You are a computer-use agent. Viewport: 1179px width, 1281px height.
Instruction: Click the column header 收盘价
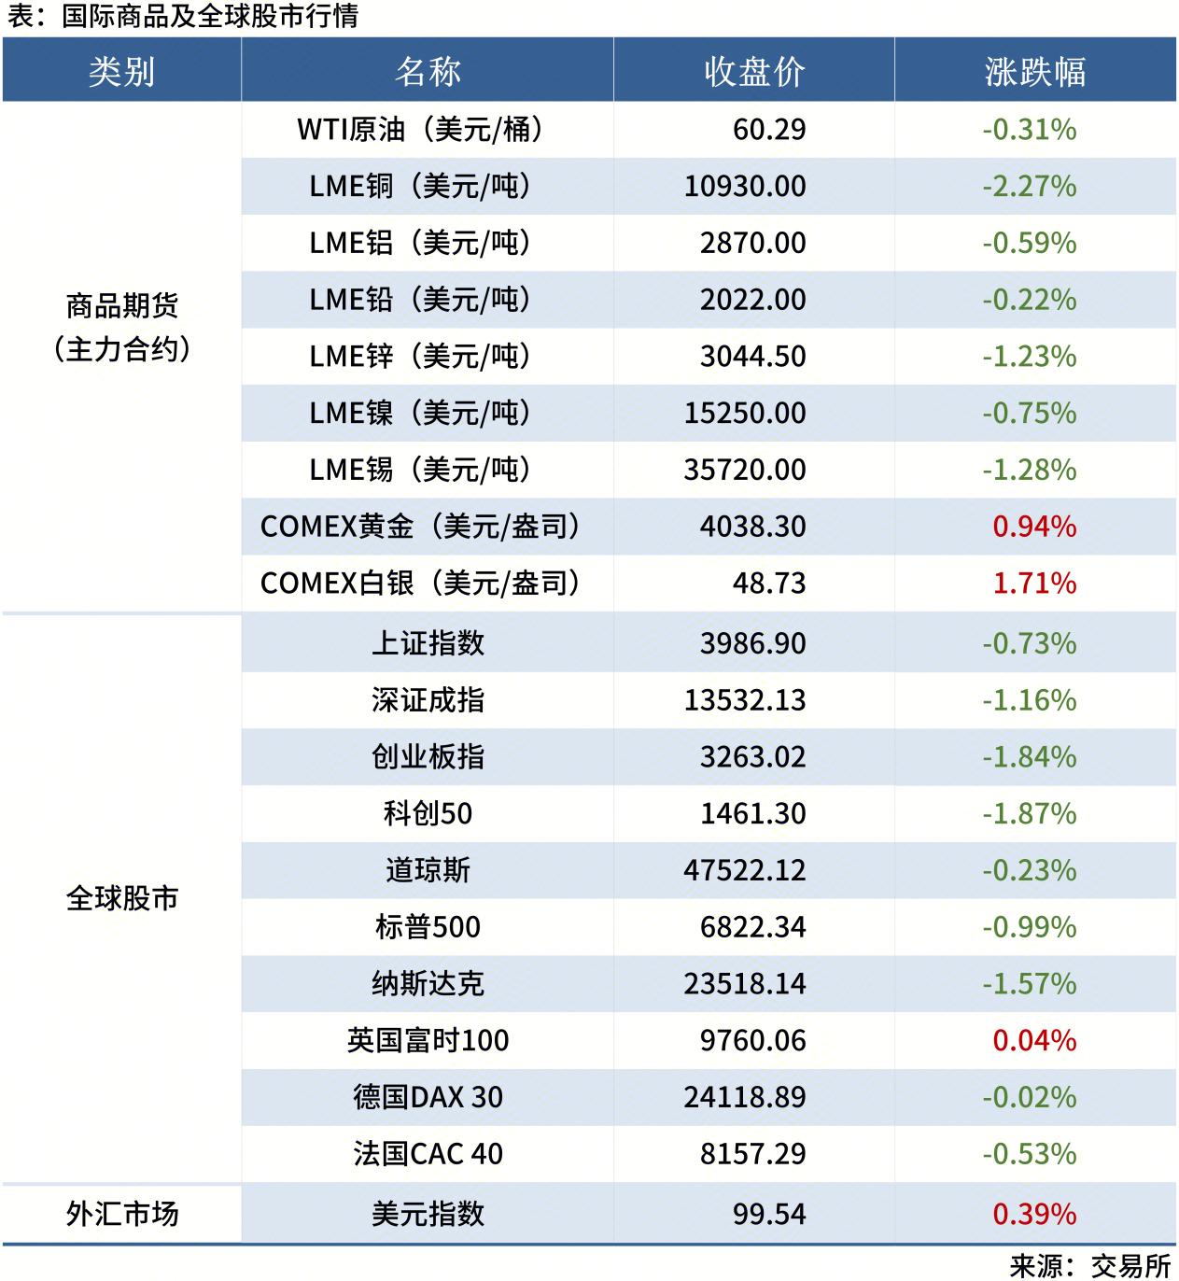[x=754, y=71]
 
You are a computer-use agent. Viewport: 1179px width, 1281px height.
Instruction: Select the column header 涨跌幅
[x=1034, y=71]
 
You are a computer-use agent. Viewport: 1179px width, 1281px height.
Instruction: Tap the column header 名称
[x=428, y=71]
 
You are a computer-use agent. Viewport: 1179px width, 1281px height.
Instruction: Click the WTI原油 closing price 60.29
[x=769, y=130]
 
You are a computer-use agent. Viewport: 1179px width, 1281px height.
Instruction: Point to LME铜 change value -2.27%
[x=1030, y=187]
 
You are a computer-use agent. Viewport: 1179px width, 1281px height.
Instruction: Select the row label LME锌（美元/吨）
[x=420, y=357]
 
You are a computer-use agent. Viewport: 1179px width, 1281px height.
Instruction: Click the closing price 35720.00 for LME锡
[x=745, y=470]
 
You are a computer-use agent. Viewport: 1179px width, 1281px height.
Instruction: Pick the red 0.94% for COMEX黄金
[x=1034, y=527]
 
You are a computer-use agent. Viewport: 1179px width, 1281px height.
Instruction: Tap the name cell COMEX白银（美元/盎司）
[x=420, y=584]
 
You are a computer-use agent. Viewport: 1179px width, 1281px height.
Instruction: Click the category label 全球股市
[x=122, y=898]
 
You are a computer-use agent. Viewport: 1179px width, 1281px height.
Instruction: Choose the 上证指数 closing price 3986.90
[x=753, y=643]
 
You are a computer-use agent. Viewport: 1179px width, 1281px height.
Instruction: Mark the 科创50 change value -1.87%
[x=1030, y=814]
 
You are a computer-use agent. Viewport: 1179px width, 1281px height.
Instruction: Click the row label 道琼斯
[x=428, y=870]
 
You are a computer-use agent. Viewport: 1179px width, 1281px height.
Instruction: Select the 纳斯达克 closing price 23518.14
[x=745, y=984]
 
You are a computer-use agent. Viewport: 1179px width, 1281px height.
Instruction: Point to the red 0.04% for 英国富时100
[x=1034, y=1041]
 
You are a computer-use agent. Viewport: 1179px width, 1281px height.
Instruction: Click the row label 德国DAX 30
[x=428, y=1097]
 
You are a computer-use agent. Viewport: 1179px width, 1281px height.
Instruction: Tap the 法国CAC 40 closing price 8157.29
[x=753, y=1154]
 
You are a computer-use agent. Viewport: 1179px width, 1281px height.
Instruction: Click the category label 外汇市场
[x=122, y=1214]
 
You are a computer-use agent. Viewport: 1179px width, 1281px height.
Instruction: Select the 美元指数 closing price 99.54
[x=769, y=1214]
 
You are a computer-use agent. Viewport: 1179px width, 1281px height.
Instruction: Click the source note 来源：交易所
[x=1090, y=1266]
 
